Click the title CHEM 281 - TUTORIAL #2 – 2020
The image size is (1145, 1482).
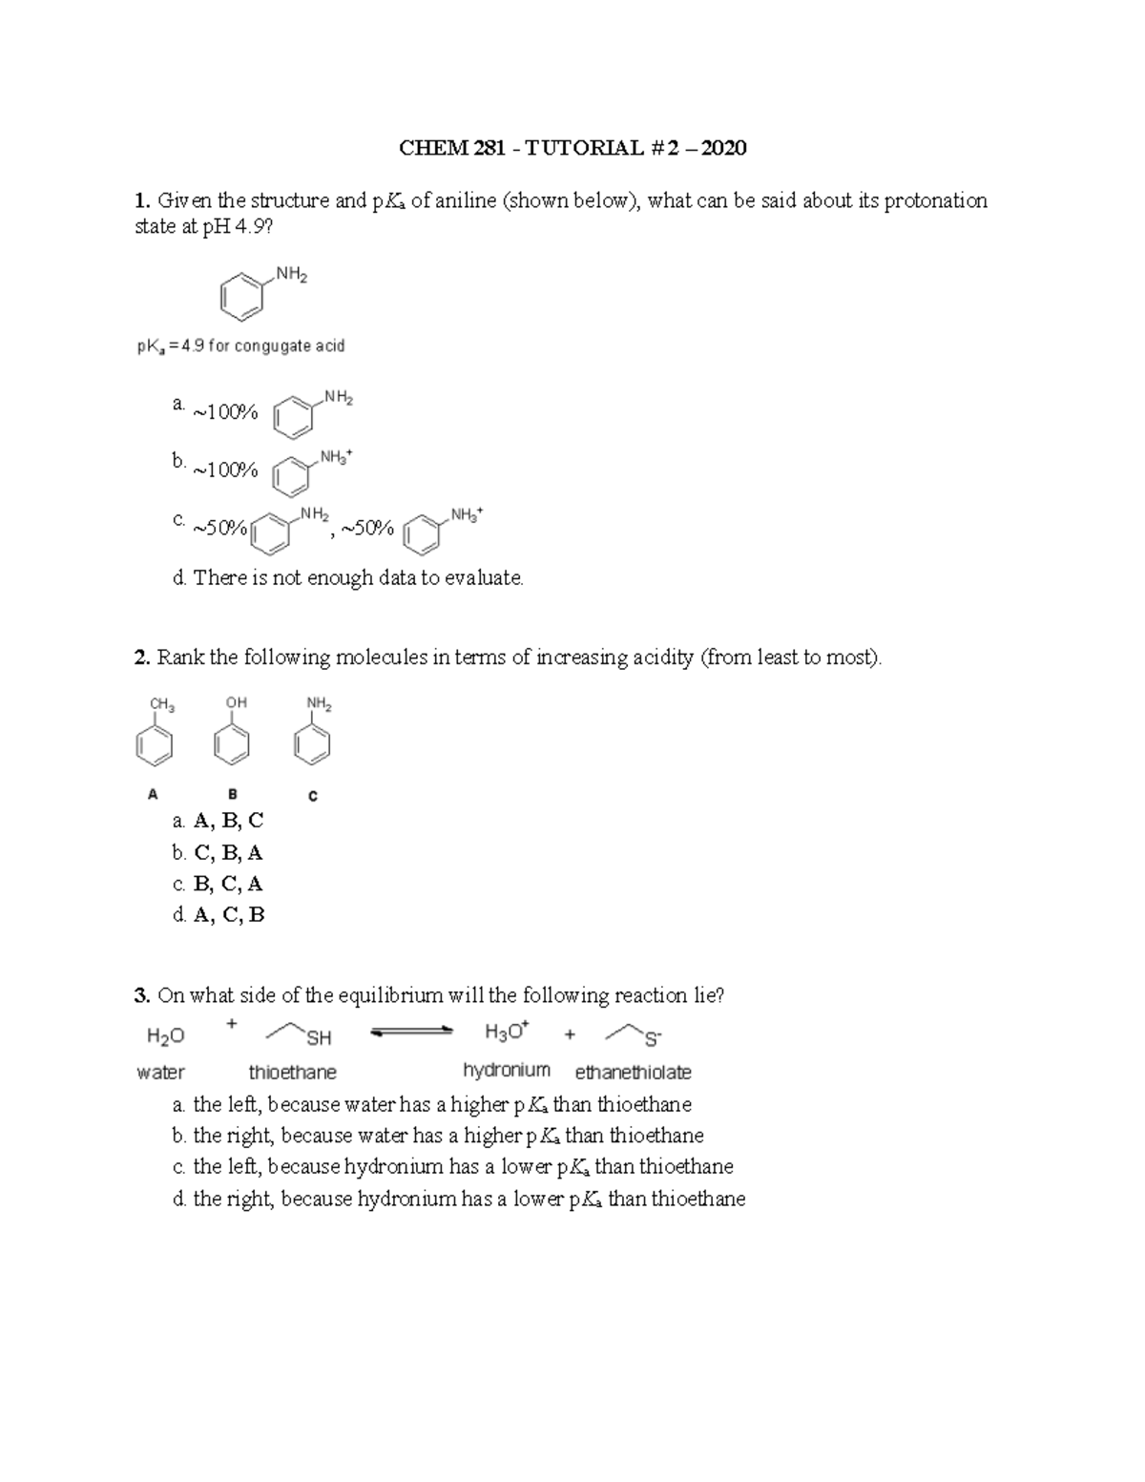[x=572, y=148]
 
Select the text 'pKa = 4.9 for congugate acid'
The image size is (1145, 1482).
[x=240, y=346]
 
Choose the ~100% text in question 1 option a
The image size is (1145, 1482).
[x=225, y=413]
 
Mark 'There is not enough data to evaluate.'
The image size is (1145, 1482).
[x=358, y=578]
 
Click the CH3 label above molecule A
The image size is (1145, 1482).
[x=161, y=704]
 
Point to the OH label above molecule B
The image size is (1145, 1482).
[x=236, y=702]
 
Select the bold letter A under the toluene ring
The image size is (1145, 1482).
[x=152, y=793]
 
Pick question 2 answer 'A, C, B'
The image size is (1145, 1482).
[x=228, y=915]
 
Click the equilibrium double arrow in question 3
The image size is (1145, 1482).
[x=410, y=1032]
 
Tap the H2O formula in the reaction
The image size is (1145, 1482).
[x=164, y=1035]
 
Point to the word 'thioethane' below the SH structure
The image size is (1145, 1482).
[x=292, y=1073]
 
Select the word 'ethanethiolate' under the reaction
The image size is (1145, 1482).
[x=633, y=1073]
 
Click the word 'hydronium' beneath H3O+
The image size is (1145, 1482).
[x=507, y=1071]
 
